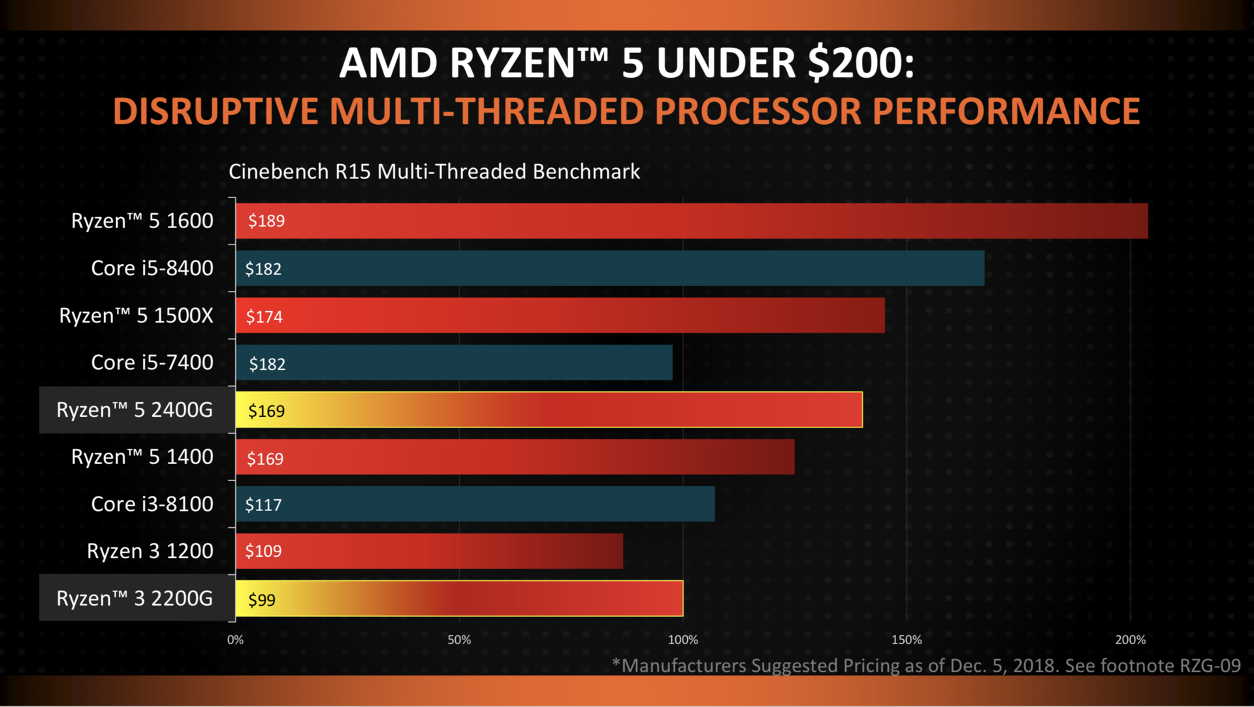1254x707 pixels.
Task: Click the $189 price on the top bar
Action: point(266,221)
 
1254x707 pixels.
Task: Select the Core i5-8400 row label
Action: point(152,268)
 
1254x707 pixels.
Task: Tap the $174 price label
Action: point(264,317)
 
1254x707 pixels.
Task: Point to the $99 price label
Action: point(261,599)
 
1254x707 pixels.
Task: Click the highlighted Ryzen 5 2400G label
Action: point(135,410)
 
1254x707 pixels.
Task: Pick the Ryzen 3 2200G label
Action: point(135,599)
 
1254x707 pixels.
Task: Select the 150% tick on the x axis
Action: point(907,640)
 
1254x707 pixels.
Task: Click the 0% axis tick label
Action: point(235,640)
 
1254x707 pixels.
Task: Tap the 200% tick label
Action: point(1130,640)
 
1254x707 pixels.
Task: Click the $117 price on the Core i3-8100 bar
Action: point(263,504)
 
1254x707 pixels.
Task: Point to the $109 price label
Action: point(263,551)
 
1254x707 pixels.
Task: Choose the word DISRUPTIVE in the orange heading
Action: point(216,111)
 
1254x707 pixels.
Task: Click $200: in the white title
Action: point(861,63)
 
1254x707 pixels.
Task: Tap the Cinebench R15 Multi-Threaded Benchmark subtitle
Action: point(434,171)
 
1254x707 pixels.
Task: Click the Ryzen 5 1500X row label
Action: point(136,316)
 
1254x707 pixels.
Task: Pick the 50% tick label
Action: point(459,640)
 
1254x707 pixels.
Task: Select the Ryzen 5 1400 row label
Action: point(142,457)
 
